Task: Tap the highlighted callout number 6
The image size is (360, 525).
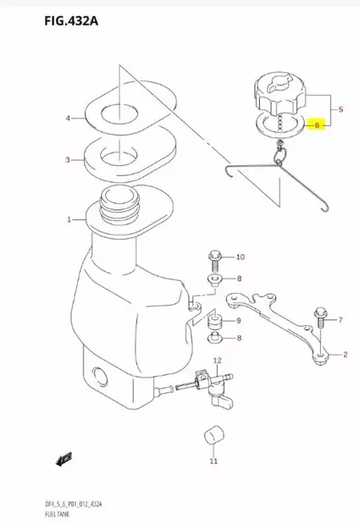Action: pyautogui.click(x=318, y=124)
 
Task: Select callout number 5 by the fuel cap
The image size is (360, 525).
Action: pyautogui.click(x=341, y=110)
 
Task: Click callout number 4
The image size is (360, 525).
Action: pyautogui.click(x=69, y=119)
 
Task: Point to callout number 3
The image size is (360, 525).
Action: pyautogui.click(x=69, y=159)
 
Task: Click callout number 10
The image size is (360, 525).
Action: pyautogui.click(x=240, y=257)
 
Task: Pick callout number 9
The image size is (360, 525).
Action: pyautogui.click(x=239, y=320)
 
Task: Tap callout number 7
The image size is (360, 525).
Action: pyautogui.click(x=341, y=320)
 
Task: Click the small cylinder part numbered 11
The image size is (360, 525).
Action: pyautogui.click(x=213, y=437)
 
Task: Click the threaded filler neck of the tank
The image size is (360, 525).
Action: pyautogui.click(x=118, y=204)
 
